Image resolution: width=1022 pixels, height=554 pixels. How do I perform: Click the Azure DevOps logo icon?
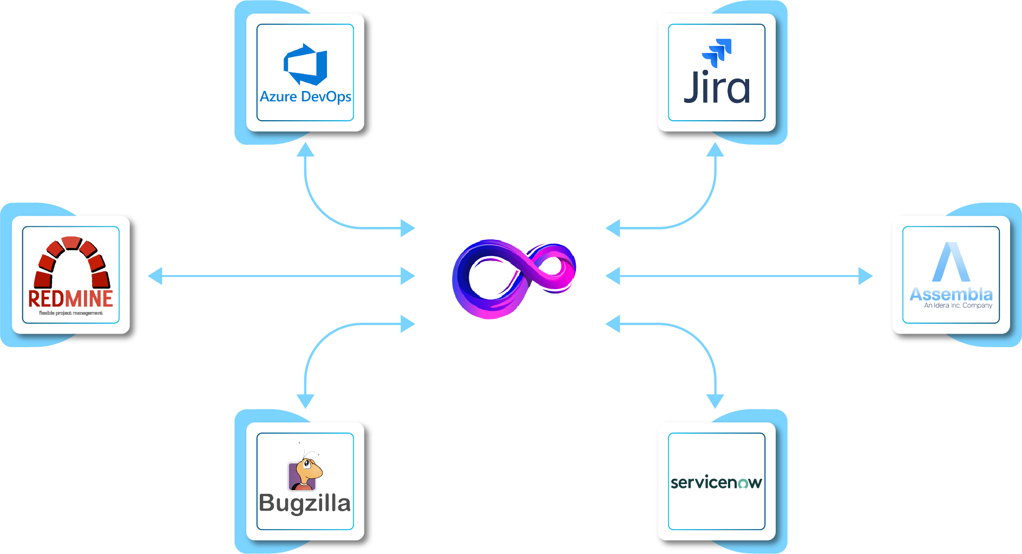(x=305, y=64)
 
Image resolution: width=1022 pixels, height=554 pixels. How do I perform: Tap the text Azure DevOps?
(x=305, y=97)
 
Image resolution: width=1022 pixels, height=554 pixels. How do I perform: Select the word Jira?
(x=717, y=88)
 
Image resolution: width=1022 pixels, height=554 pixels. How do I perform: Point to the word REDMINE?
(x=70, y=299)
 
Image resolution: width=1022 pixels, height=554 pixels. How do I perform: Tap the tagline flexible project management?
(x=70, y=313)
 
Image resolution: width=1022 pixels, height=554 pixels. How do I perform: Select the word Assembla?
(x=951, y=294)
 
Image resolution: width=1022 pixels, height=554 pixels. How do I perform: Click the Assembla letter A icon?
(x=951, y=262)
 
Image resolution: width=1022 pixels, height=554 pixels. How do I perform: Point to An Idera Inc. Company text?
(x=958, y=305)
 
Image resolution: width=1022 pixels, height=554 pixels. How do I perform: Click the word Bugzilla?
(x=305, y=503)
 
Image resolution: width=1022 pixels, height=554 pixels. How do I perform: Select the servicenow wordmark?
(x=716, y=482)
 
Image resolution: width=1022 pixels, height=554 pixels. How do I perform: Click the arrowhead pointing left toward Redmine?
(x=155, y=276)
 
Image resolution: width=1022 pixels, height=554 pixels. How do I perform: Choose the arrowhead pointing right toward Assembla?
(x=866, y=276)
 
